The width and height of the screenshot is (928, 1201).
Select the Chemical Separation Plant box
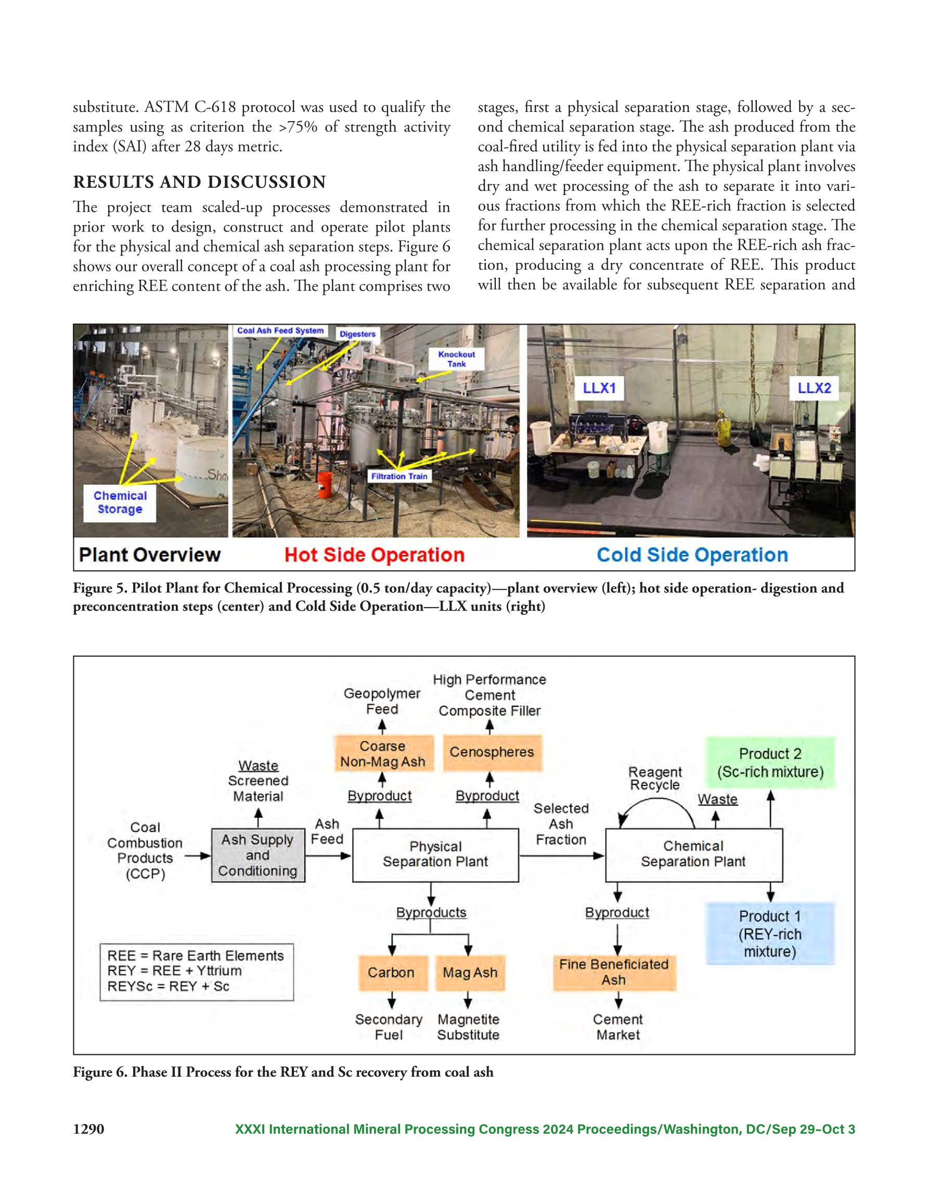click(694, 855)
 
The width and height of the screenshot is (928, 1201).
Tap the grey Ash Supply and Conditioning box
click(258, 855)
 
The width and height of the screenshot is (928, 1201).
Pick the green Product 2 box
click(770, 763)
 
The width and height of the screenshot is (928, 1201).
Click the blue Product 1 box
click(770, 934)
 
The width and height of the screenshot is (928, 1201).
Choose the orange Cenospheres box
click(492, 752)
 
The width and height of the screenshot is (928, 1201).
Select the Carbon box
click(392, 973)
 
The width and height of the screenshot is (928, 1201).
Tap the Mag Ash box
click(470, 973)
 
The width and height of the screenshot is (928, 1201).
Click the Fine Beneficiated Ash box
click(614, 972)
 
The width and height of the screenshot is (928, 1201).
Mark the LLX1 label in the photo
click(599, 388)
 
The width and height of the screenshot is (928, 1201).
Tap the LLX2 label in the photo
click(814, 388)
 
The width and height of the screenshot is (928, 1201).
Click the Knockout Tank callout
click(457, 359)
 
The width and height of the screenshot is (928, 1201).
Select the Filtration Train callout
click(399, 476)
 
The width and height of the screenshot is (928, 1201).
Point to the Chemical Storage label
click(120, 502)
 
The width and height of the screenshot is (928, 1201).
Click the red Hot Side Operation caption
click(375, 555)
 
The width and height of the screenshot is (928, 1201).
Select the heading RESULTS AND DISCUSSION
click(200, 182)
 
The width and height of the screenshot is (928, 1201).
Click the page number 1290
click(88, 1129)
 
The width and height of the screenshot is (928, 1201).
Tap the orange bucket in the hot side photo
click(325, 485)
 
